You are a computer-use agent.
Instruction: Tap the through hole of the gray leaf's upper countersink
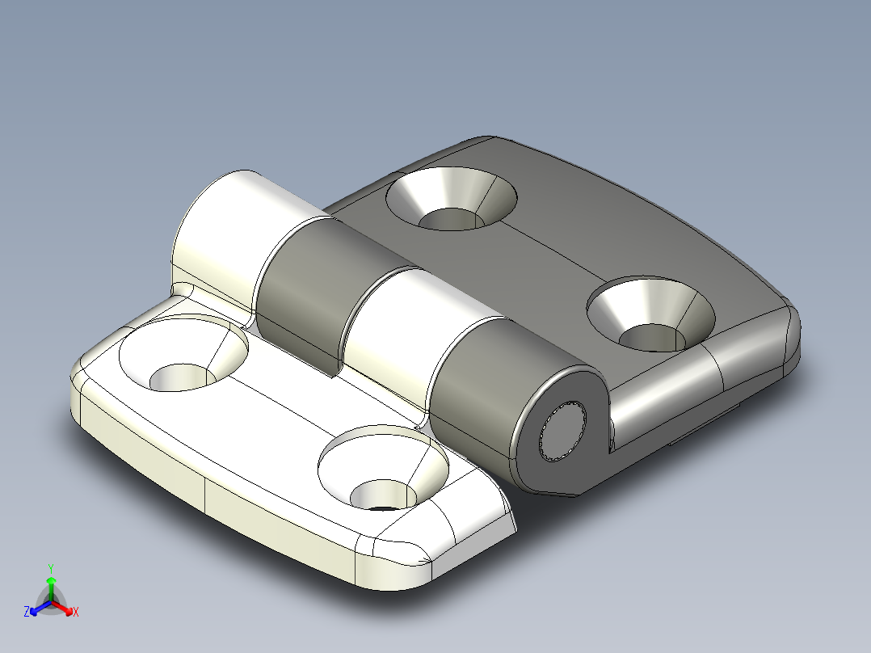tap(449, 219)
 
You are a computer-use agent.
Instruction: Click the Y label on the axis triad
tap(50, 567)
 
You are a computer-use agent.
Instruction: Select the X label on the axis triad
tap(75, 613)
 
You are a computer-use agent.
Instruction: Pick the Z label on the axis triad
tap(27, 612)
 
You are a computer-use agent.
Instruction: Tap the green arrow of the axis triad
tap(50, 585)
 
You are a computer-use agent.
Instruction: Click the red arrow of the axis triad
tap(65, 609)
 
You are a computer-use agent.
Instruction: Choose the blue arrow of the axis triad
tap(36, 609)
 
